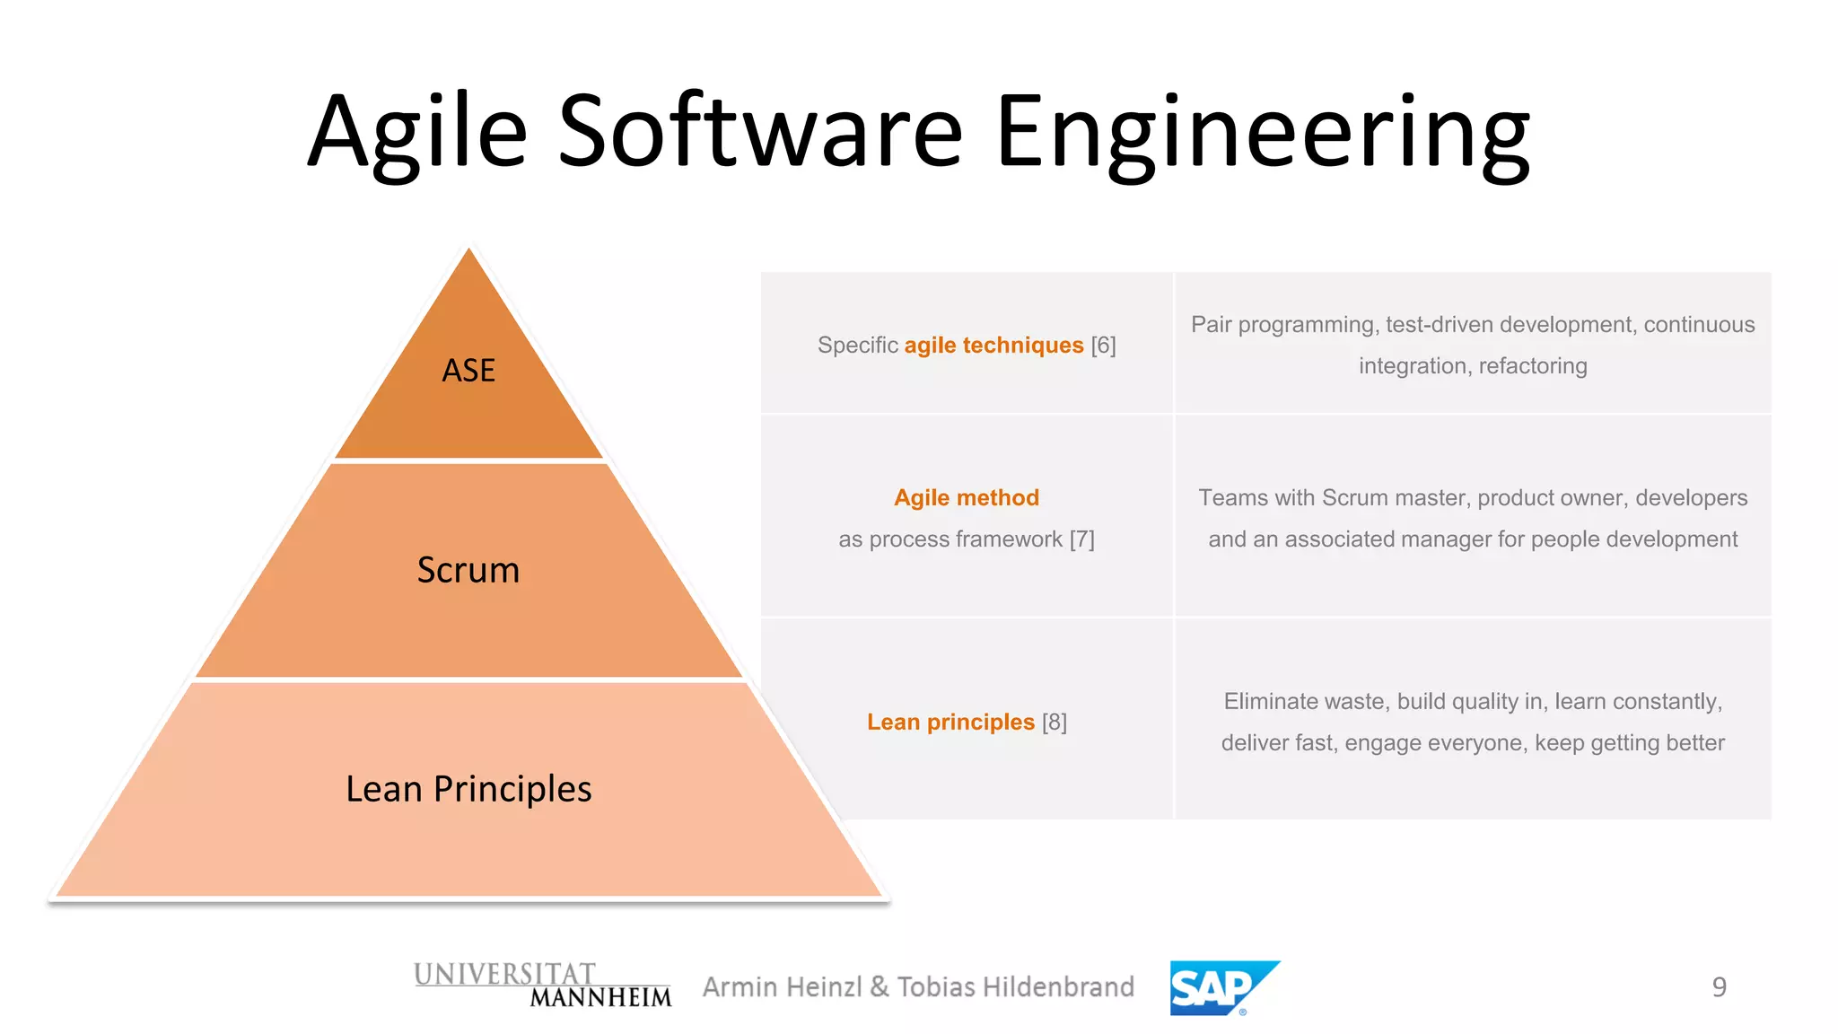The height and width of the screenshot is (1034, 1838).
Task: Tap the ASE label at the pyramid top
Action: click(468, 371)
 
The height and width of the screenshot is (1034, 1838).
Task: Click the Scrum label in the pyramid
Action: click(468, 570)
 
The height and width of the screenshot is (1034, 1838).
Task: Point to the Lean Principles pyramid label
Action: click(468, 789)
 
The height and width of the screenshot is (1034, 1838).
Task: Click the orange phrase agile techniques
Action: click(993, 346)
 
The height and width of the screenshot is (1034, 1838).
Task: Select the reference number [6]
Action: click(1103, 346)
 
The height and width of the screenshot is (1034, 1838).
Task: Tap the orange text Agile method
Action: click(967, 498)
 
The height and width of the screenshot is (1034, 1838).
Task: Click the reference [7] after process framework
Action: click(1081, 539)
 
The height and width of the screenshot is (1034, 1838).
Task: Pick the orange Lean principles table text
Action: click(950, 723)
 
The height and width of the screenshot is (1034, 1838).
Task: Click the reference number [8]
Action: click(1055, 723)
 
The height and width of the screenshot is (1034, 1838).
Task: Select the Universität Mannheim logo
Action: click(542, 986)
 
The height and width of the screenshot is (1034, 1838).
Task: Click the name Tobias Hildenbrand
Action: click(1015, 987)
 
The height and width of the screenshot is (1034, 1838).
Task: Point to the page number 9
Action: click(1719, 987)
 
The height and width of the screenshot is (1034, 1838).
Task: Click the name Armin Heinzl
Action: click(783, 987)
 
